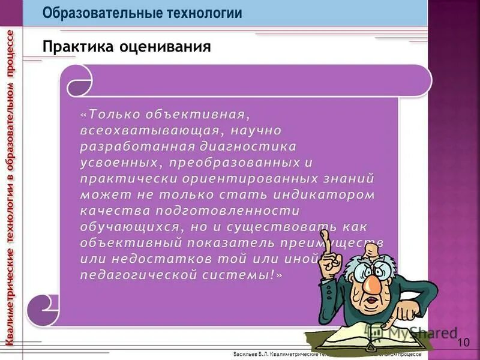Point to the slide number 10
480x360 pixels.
[x=463, y=343]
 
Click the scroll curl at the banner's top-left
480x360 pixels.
[x=79, y=80]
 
